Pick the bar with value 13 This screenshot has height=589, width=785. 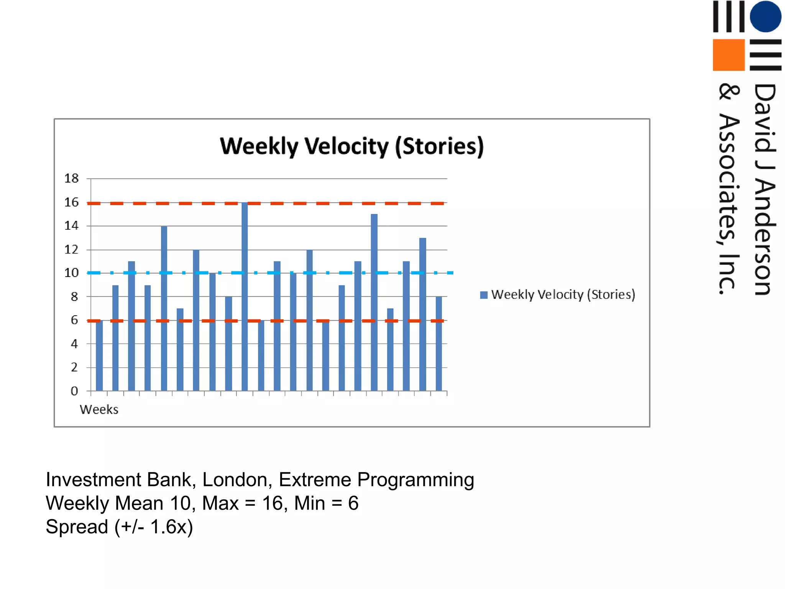click(x=422, y=314)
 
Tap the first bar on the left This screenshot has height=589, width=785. click(x=99, y=355)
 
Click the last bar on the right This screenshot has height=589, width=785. click(x=439, y=344)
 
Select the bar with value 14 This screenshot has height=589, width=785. click(x=164, y=308)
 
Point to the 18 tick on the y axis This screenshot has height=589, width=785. click(x=71, y=178)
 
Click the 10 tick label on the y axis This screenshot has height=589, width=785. click(x=71, y=273)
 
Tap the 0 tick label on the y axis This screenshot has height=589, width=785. click(x=74, y=391)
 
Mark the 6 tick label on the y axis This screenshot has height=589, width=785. click(x=74, y=320)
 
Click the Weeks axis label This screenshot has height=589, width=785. click(x=99, y=410)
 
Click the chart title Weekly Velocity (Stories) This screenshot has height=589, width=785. click(x=352, y=146)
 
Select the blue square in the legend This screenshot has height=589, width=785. click(x=484, y=295)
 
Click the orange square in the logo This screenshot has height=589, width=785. click(x=728, y=55)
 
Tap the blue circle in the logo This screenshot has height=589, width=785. click(x=765, y=16)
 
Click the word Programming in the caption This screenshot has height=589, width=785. click(x=415, y=480)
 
